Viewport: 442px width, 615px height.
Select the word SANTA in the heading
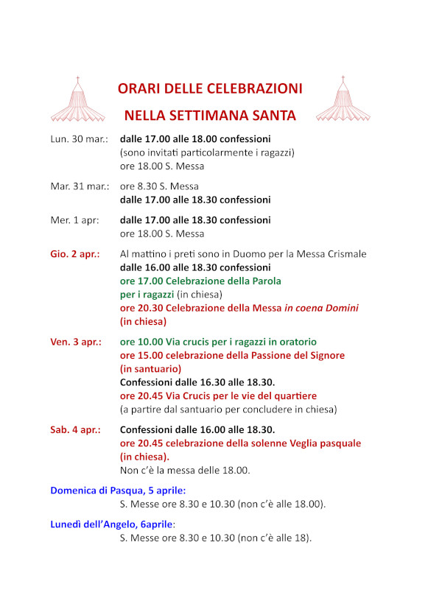pos(273,116)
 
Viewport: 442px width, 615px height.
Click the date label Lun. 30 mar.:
pos(79,139)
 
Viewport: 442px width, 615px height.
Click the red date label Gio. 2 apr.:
pos(75,254)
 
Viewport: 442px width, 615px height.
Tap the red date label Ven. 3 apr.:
pos(77,342)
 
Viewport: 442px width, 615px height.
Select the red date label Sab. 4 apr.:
pos(76,430)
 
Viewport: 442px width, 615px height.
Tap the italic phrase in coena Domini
pos(322,308)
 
